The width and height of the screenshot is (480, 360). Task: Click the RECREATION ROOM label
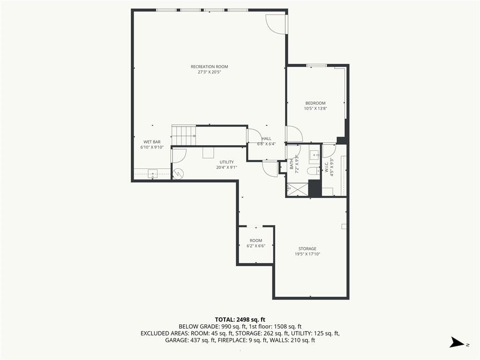click(210, 67)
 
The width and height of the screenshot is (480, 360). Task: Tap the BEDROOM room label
click(315, 103)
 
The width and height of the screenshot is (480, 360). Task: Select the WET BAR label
click(152, 142)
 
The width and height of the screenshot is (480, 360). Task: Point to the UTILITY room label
click(226, 162)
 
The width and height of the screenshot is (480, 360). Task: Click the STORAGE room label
click(307, 248)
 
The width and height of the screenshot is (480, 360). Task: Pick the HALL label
click(266, 139)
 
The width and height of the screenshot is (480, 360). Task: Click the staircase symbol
click(184, 135)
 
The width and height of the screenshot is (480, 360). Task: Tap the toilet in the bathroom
click(313, 171)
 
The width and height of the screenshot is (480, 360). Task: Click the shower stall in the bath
click(298, 189)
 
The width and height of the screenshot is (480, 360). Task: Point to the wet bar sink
click(152, 174)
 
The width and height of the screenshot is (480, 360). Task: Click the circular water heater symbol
click(178, 174)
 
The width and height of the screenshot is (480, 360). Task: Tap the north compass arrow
click(457, 343)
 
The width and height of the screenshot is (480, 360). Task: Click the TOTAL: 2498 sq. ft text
click(240, 320)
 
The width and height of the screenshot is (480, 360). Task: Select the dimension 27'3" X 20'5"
click(210, 72)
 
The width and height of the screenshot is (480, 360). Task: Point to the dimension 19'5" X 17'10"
click(307, 254)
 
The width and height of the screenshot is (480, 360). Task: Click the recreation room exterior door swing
click(276, 24)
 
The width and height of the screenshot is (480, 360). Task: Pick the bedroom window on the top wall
click(316, 65)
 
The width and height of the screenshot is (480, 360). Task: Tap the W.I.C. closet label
click(326, 167)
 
